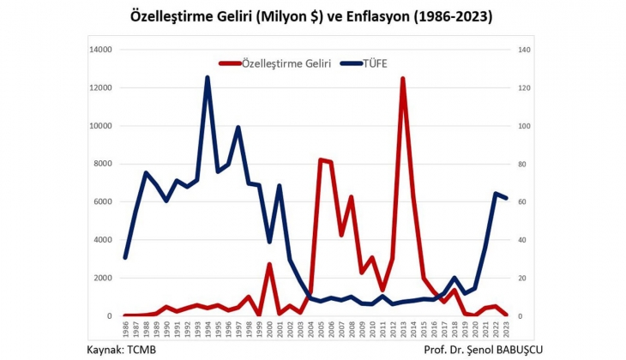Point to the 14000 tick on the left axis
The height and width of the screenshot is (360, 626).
(101, 51)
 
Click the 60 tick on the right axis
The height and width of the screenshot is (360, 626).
(523, 202)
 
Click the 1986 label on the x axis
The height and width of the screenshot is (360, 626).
(125, 329)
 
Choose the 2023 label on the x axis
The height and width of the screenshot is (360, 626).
(506, 329)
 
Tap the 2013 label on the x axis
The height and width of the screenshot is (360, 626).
(403, 329)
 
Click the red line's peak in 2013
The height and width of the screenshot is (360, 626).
(402, 79)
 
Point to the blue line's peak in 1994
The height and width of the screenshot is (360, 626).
(208, 78)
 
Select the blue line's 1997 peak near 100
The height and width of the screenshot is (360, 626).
(238, 128)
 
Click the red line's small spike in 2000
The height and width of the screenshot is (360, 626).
(269, 264)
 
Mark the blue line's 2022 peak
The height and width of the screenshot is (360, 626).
(496, 194)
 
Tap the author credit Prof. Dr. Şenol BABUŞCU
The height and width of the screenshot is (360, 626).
(484, 350)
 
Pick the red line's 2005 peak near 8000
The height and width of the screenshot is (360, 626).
(320, 160)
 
